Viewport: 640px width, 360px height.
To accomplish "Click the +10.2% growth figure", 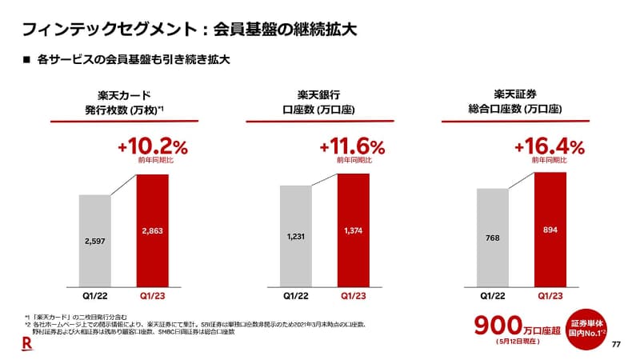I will [x=151, y=146].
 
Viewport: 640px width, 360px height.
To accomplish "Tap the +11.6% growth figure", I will [x=352, y=146].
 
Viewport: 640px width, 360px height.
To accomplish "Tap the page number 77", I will [x=616, y=345].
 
